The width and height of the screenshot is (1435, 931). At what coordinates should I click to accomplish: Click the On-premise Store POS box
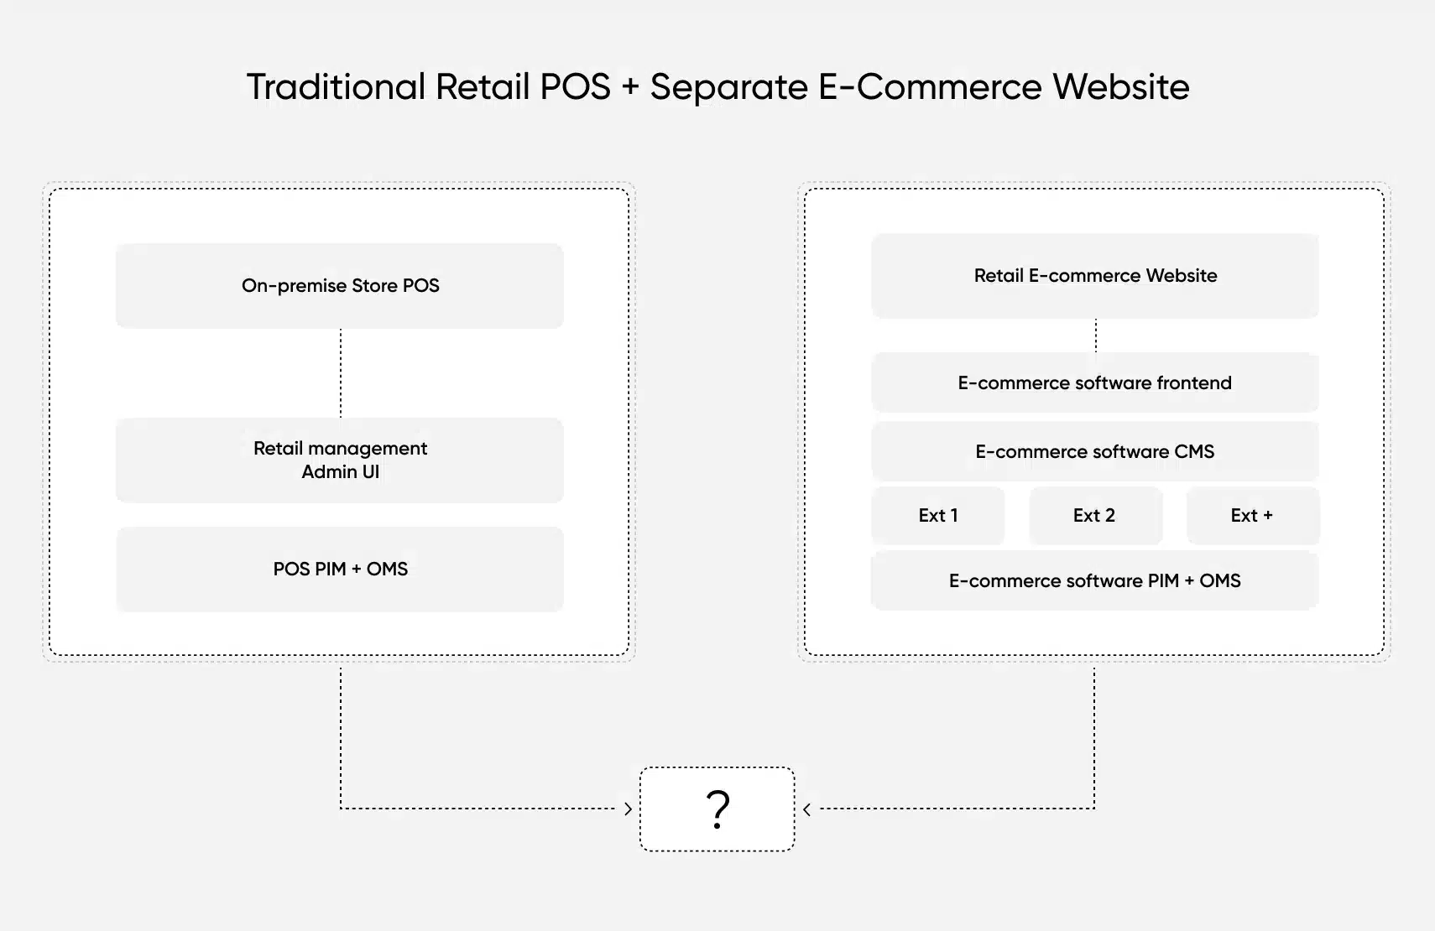pos(340,286)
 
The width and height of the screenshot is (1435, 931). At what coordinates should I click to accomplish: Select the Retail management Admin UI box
pos(340,460)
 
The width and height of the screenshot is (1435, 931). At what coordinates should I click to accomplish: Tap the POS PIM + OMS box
pos(340,570)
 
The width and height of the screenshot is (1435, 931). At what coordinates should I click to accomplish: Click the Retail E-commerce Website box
pos(1095,276)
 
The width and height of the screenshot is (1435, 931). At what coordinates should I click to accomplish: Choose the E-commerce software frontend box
pos(1095,383)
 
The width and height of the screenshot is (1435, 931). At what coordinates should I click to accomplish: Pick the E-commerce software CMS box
pos(1095,452)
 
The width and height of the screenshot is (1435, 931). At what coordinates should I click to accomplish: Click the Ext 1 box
pos(938,516)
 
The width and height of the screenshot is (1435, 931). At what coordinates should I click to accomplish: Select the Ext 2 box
pos(1095,516)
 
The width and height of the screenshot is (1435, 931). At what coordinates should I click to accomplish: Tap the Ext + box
pos(1252,516)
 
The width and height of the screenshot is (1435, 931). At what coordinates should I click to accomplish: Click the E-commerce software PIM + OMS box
pos(1095,581)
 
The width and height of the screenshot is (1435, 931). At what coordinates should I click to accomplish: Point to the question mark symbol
pos(717,809)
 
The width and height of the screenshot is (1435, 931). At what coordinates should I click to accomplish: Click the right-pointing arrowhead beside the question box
pos(628,809)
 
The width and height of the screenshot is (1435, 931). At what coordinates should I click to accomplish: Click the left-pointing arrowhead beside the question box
pos(806,809)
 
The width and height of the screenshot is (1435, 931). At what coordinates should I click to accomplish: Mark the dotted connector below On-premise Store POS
pos(341,373)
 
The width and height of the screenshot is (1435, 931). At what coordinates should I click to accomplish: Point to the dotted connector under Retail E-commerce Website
pos(1096,335)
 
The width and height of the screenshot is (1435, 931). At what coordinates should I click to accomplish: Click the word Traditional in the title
pos(336,87)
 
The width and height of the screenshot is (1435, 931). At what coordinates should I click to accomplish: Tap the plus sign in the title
pos(630,88)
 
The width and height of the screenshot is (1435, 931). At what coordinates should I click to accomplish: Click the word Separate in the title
pos(728,87)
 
